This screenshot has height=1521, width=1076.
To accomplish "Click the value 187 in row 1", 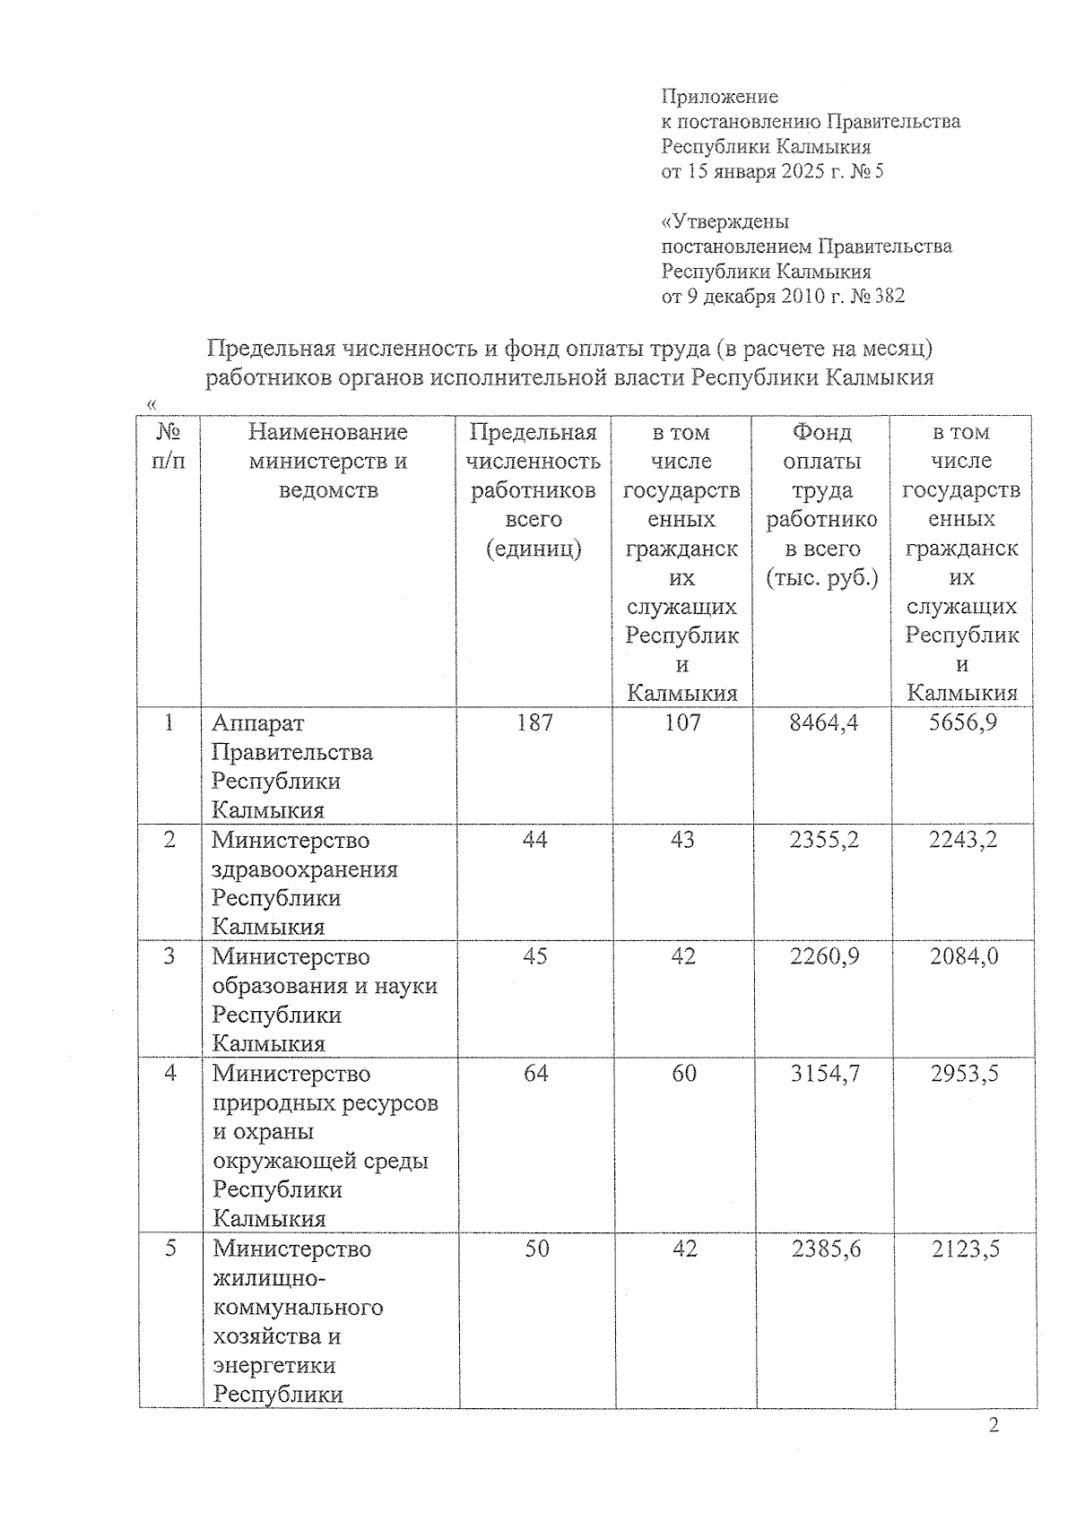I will coord(534,722).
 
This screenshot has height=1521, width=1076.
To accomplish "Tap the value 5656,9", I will coord(962,722).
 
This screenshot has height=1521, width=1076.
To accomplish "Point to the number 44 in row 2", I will coord(534,840).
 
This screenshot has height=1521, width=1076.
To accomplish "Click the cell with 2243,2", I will coord(963,840).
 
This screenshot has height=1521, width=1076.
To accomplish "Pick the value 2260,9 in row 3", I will coord(824,956).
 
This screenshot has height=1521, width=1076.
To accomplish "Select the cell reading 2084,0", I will coord(964,956).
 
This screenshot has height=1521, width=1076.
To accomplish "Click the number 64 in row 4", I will coord(535,1073).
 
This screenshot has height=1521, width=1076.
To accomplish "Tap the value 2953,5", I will coord(964,1073).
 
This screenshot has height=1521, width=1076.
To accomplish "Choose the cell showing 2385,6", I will coord(826,1249).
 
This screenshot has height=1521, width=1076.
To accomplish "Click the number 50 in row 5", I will coord(536,1249).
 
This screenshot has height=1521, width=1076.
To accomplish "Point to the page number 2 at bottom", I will coord(993,1426).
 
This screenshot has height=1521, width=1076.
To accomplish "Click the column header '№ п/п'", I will coord(169,446).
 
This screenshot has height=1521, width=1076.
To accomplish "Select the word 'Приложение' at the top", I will coord(719,97).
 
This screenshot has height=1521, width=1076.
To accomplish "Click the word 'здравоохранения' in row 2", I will coord(305,869).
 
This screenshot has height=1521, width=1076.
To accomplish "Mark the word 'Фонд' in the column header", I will coord(821,432).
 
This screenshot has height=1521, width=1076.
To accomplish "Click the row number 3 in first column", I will coord(169,956).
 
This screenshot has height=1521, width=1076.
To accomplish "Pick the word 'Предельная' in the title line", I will coord(270,348).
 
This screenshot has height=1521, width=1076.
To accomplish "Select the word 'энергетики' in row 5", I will coord(274,1365).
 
